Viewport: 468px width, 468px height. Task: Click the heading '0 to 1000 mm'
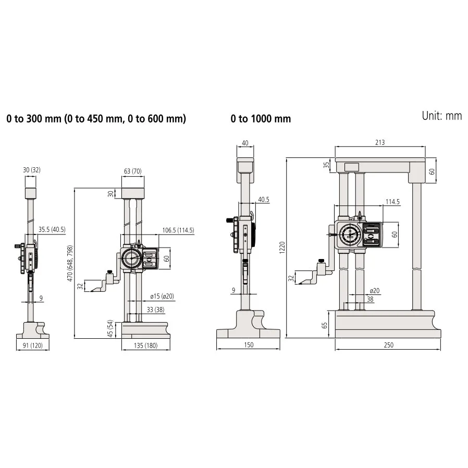[x=261, y=119]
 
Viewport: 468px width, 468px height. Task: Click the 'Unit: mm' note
[x=441, y=116]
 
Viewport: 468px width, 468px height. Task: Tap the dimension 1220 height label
[x=282, y=248]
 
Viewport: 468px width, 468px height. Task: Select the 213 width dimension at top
[x=380, y=142]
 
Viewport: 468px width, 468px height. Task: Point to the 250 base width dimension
[x=388, y=344]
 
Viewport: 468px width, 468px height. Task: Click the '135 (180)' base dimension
[x=145, y=344]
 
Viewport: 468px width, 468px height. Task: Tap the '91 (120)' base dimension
[x=36, y=344]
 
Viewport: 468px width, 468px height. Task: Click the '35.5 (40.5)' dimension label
[x=52, y=230]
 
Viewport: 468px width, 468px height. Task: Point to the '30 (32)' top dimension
[x=31, y=170]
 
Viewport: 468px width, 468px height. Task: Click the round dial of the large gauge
[x=349, y=236]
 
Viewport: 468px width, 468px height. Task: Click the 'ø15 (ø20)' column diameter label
[x=162, y=296]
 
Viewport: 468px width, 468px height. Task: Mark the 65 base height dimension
[x=325, y=325]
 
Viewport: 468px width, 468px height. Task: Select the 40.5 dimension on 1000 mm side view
[x=263, y=200]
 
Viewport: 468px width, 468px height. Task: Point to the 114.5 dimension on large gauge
[x=392, y=201]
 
